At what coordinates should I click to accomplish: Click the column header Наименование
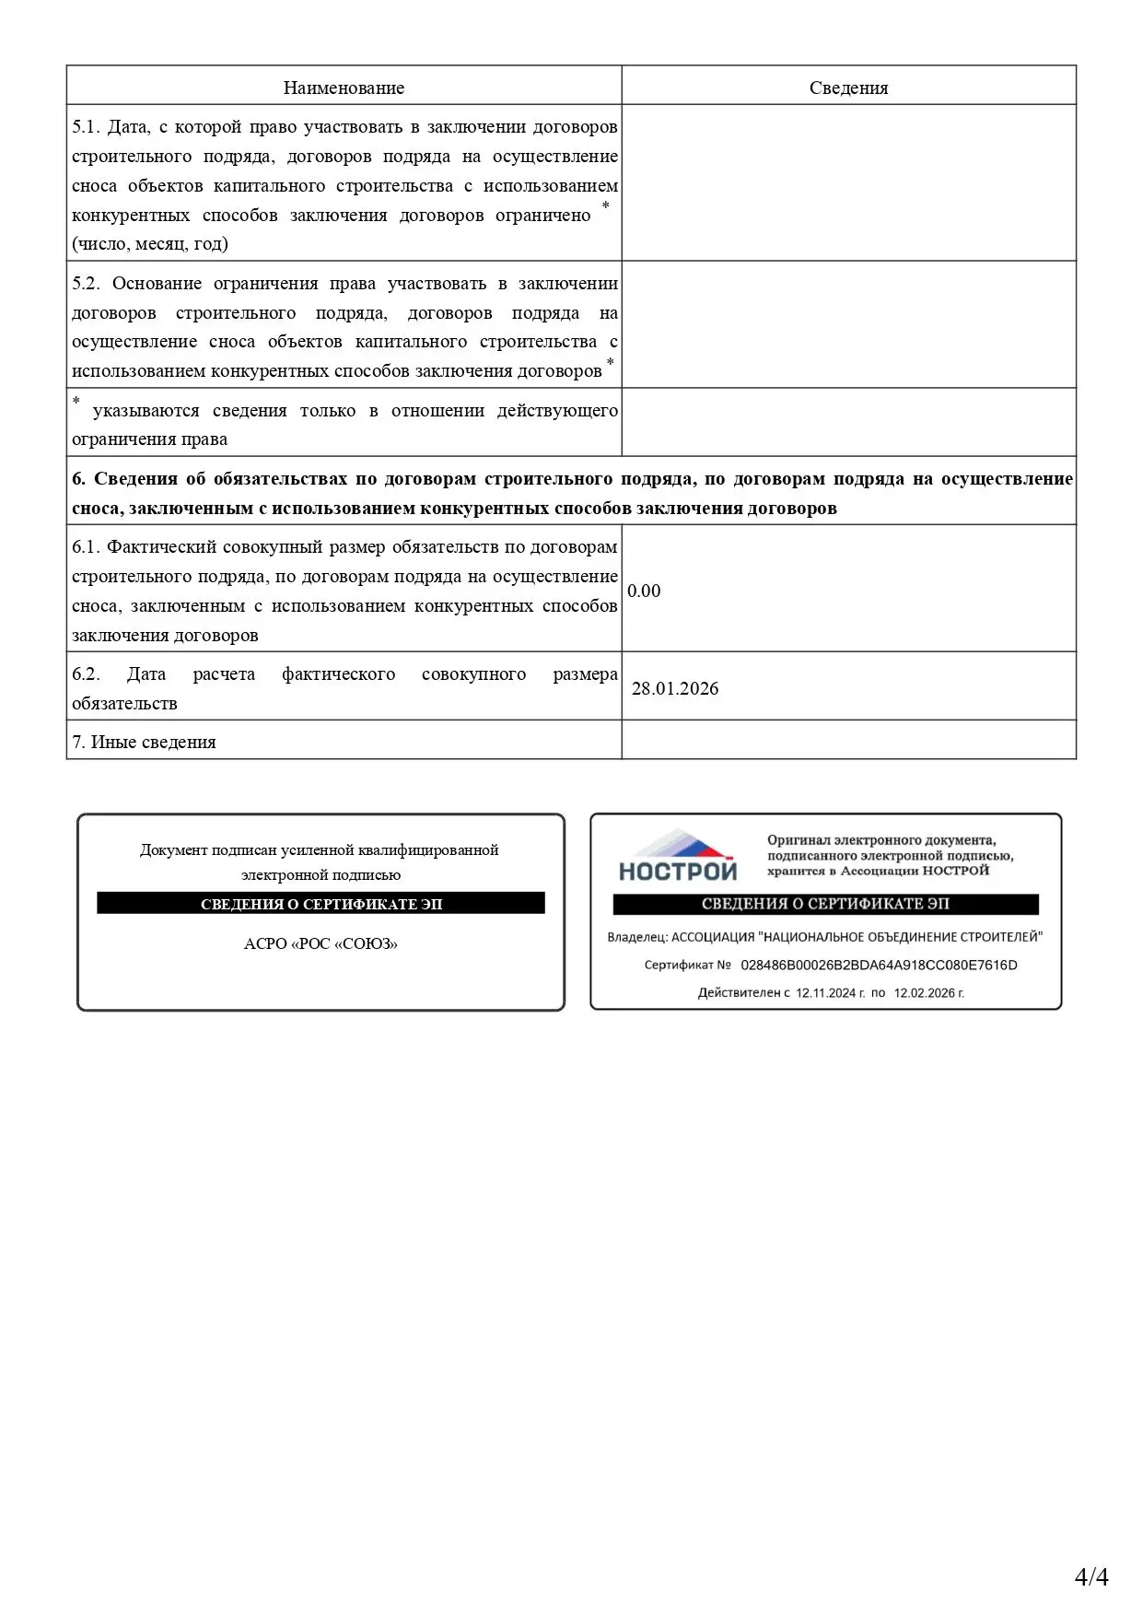click(344, 88)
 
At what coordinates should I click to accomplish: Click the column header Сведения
click(848, 88)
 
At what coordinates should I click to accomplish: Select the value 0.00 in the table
click(644, 591)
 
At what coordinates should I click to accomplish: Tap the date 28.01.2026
click(675, 688)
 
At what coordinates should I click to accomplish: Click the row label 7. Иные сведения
click(144, 742)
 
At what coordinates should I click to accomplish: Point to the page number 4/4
click(1091, 1576)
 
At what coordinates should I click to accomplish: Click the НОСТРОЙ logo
click(678, 857)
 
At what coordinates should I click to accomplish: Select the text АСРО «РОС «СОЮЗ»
click(321, 943)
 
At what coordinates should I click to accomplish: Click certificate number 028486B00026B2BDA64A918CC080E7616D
click(879, 966)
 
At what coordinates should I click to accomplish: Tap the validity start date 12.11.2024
click(825, 993)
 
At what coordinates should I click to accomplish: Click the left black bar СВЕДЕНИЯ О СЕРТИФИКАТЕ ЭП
click(321, 904)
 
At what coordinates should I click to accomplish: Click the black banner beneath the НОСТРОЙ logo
click(825, 904)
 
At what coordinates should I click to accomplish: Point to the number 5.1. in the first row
click(86, 127)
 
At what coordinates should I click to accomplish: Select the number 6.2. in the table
click(86, 674)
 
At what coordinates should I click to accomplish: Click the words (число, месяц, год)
click(150, 244)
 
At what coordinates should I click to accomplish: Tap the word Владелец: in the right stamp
click(636, 938)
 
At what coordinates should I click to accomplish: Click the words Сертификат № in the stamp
click(687, 966)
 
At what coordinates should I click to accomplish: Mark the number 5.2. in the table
click(86, 284)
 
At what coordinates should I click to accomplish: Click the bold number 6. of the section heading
click(78, 479)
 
